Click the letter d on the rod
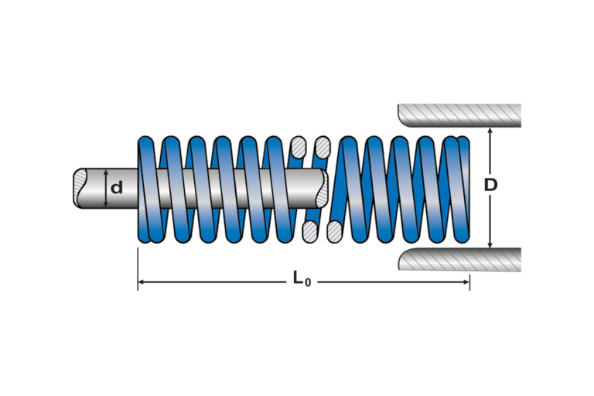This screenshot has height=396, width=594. click(117, 188)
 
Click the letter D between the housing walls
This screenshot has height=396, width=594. click(491, 185)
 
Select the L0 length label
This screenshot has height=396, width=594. click(302, 279)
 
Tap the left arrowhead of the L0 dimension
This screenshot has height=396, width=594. click(141, 282)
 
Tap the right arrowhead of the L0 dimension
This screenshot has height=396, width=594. click(466, 282)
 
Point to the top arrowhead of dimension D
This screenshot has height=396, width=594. click(490, 131)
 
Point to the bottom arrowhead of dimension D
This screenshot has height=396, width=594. click(490, 245)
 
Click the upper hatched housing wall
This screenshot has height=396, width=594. click(459, 115)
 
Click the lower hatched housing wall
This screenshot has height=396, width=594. click(459, 260)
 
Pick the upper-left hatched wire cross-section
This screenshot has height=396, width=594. click(298, 147)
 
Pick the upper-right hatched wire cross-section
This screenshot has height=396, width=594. click(323, 147)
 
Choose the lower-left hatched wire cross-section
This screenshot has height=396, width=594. click(310, 232)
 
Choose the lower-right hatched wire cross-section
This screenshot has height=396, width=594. click(334, 232)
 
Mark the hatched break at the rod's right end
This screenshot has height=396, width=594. click(323, 189)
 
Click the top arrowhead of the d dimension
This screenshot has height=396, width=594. click(106, 172)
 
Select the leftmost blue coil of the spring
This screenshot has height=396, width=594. click(146, 189)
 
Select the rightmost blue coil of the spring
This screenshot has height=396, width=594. click(462, 189)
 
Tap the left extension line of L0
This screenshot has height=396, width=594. click(138, 269)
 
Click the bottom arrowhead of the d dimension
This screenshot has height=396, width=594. click(106, 204)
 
